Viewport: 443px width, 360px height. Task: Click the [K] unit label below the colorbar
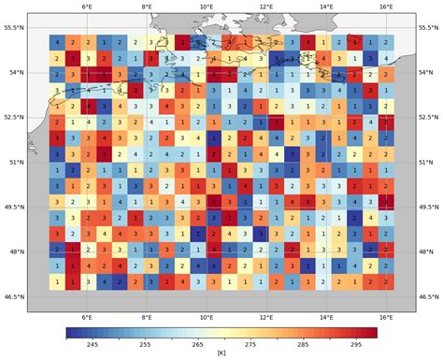pyautogui.click(x=221, y=353)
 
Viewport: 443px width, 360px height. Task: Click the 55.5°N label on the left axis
pyautogui.click(x=17, y=28)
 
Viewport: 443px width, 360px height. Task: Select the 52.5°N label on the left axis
pyautogui.click(x=17, y=118)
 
